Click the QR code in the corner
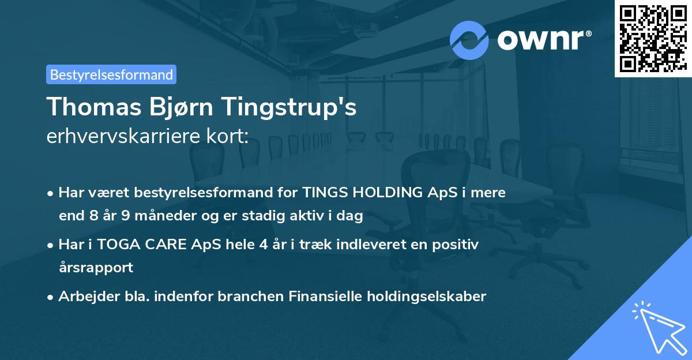point(653,38)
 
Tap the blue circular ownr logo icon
point(469,40)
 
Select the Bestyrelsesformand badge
point(111,74)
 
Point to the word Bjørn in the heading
point(175,108)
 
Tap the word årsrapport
point(96,268)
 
